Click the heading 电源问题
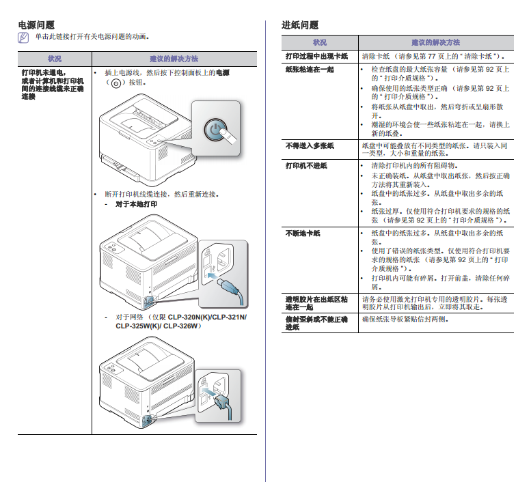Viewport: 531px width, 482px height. (36, 25)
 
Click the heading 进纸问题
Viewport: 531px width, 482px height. (300, 25)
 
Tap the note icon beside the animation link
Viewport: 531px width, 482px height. (23, 37)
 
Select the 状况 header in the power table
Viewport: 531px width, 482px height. (55, 59)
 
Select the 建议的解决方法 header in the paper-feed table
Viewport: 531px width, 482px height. (436, 42)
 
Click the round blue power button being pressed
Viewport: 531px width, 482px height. (216, 130)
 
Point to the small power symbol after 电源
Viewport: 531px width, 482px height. (116, 83)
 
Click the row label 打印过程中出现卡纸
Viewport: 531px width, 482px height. (316, 56)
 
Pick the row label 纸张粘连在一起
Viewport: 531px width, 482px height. (310, 70)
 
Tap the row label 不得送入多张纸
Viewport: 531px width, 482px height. (310, 145)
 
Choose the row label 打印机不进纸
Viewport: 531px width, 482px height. (306, 165)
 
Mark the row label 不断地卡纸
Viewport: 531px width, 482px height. (303, 233)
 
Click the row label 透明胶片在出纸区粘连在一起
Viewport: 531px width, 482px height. (316, 303)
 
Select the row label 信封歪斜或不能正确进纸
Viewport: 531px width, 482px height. (316, 323)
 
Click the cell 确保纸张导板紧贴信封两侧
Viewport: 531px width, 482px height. (405, 319)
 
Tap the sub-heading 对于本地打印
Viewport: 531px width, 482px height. (137, 204)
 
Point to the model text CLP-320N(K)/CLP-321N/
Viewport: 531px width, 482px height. (207, 317)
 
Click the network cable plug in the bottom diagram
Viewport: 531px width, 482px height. (223, 406)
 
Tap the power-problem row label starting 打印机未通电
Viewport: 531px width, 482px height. (53, 85)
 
